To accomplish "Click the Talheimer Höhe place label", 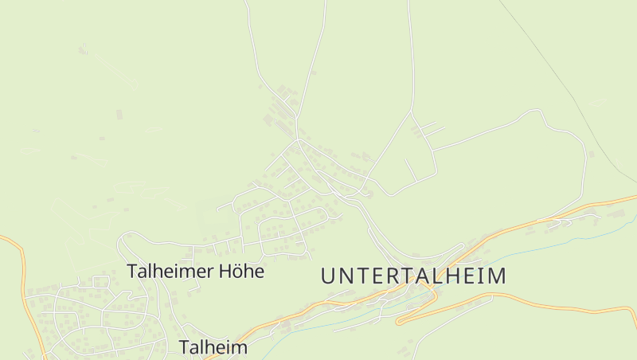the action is click(x=195, y=271).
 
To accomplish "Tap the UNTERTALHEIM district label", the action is click(x=413, y=276).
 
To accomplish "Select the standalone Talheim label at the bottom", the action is click(x=213, y=347).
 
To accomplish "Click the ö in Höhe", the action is click(x=236, y=271).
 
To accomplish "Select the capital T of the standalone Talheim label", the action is click(x=184, y=347).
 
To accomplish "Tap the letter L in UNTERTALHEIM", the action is click(x=435, y=276).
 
